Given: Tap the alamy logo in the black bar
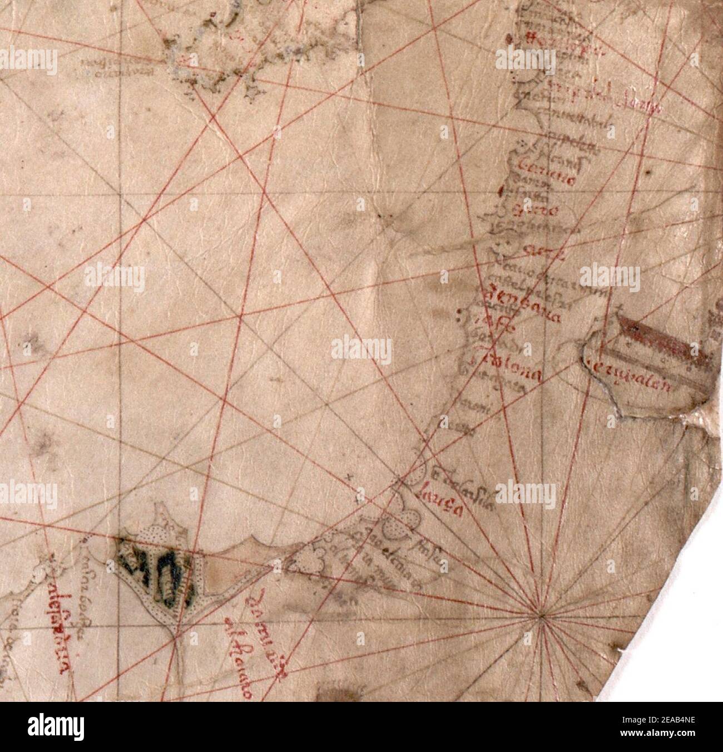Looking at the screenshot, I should tap(58, 726).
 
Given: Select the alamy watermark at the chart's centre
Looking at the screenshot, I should tap(361, 351).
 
